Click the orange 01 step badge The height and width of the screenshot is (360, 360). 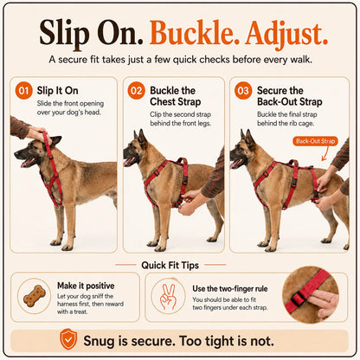point(23,91)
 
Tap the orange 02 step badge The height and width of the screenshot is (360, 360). point(136,91)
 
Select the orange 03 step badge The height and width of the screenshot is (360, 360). point(243,91)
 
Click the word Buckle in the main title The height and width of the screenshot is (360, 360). point(195,33)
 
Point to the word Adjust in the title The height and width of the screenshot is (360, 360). point(286,34)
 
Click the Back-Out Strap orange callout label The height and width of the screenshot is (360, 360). point(315,141)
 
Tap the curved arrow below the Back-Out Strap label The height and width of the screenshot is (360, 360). point(325,153)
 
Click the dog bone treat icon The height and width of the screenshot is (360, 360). point(35,296)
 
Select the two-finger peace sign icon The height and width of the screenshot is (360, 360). point(168,297)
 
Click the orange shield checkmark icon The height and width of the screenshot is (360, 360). point(68,339)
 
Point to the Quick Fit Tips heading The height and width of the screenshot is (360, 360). point(170,265)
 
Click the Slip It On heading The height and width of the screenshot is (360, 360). point(57,91)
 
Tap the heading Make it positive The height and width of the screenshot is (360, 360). point(86,286)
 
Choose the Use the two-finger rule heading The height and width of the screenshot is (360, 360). point(230,288)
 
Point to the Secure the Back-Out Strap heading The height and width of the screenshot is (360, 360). point(290,96)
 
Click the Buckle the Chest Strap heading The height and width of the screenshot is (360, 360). point(176,96)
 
